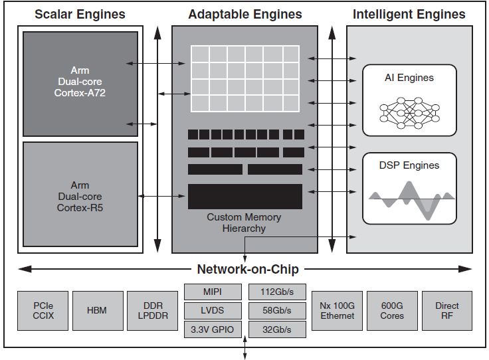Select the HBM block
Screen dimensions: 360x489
[x=96, y=311]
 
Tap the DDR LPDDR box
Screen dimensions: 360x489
[x=151, y=311]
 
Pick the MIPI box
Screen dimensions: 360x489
[x=213, y=292]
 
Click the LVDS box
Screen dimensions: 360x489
[x=213, y=311]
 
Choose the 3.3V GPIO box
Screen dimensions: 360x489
[x=213, y=329]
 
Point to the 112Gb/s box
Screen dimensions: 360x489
[x=278, y=292]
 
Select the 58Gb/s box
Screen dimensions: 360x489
[x=278, y=311]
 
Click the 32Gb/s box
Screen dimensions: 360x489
[x=278, y=329]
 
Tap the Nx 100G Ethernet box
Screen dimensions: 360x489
[x=338, y=311]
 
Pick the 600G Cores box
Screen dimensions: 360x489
[x=392, y=311]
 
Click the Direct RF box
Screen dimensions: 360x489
[x=447, y=311]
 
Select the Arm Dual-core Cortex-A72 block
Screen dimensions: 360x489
[x=80, y=83]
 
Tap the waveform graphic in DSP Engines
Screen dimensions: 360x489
[x=409, y=199]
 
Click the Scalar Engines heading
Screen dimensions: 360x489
[x=79, y=14]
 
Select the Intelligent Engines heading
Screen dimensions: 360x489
[x=409, y=14]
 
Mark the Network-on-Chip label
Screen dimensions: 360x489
[x=248, y=269]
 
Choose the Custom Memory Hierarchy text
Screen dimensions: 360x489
[x=244, y=223]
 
